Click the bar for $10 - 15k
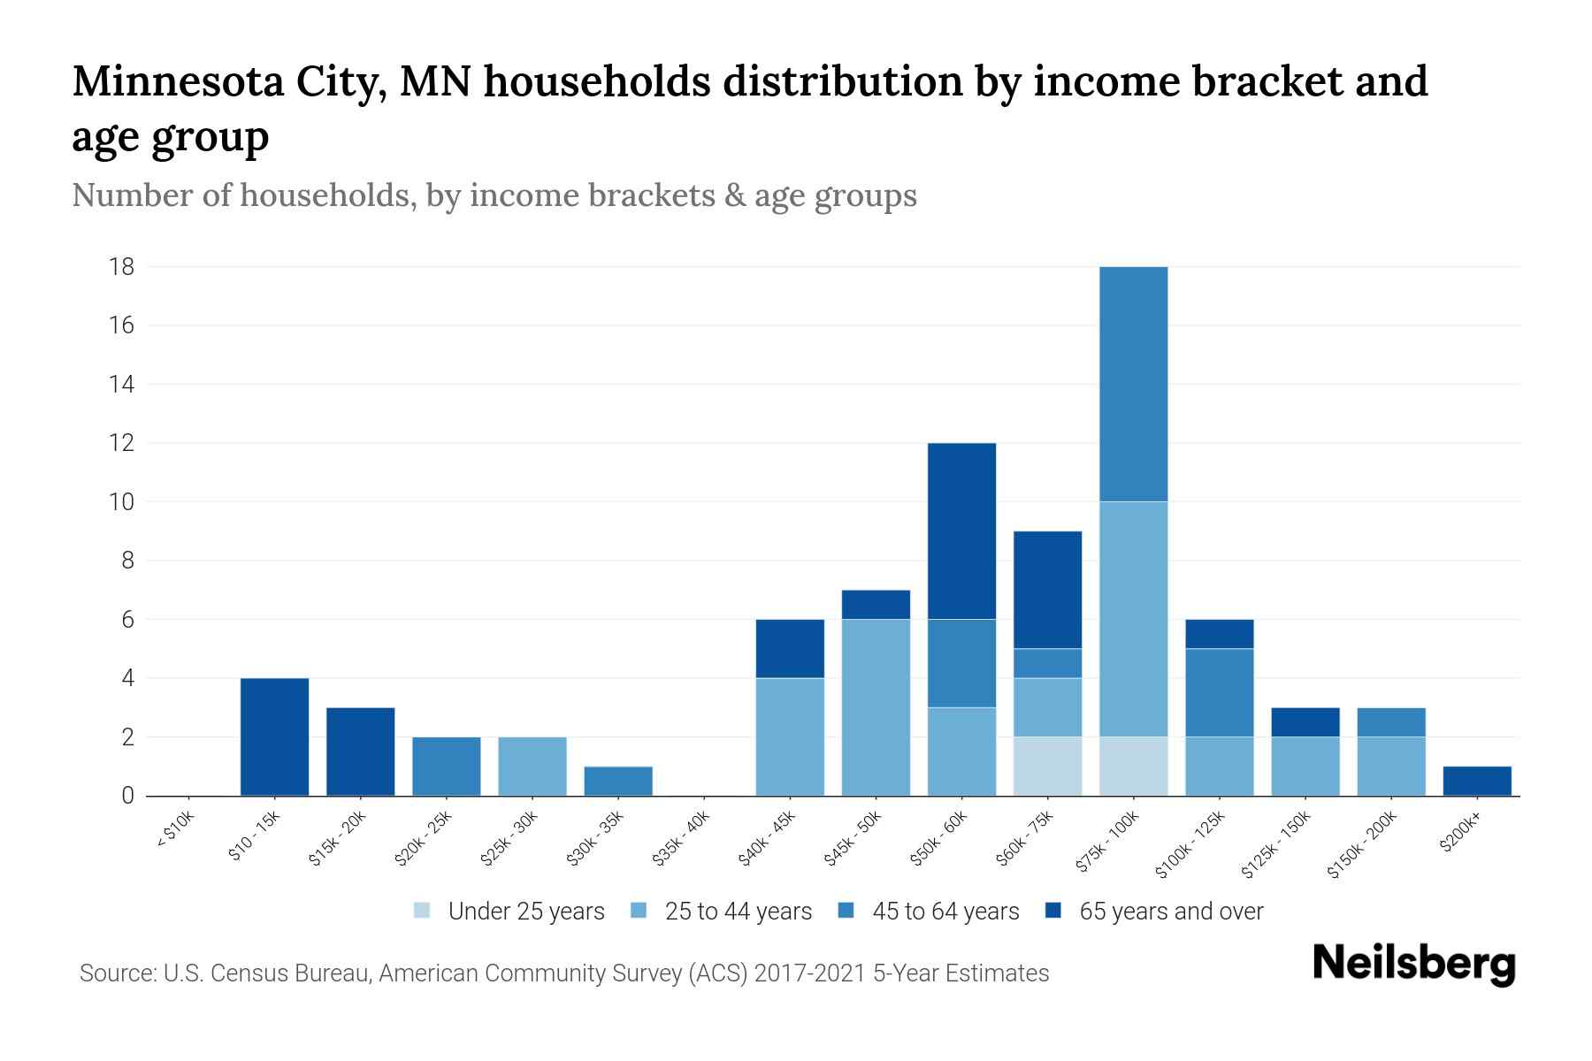point(274,737)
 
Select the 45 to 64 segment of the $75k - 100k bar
point(1133,384)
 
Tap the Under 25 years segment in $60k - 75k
point(1047,766)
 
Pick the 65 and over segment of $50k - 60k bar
point(961,530)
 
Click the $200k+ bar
point(1476,781)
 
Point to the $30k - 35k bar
point(618,781)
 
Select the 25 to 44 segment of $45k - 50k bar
point(876,707)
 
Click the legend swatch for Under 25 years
point(423,911)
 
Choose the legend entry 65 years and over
point(1171,911)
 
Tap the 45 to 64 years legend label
point(945,911)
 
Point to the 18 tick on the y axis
point(122,266)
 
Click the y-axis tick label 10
point(122,501)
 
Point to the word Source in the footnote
point(115,973)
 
